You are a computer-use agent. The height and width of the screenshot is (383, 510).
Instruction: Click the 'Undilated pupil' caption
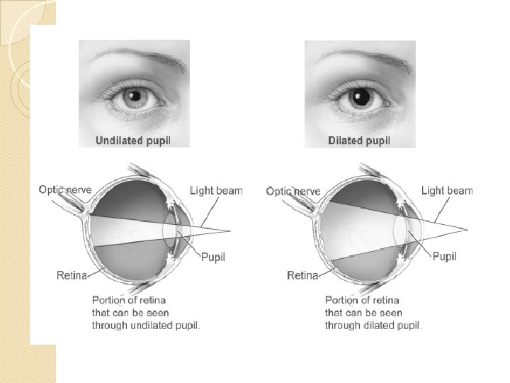(x=133, y=140)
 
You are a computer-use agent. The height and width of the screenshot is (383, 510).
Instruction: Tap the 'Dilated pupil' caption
(x=359, y=140)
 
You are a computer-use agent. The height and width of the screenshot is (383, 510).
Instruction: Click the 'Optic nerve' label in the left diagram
(x=65, y=189)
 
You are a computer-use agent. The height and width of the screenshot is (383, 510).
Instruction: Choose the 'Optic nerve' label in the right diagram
(x=293, y=191)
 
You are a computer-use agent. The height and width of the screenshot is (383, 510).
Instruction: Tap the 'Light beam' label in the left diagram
(x=216, y=190)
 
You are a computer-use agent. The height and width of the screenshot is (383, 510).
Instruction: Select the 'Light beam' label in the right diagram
(x=447, y=190)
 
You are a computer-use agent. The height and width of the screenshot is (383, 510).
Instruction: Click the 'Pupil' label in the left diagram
(x=213, y=257)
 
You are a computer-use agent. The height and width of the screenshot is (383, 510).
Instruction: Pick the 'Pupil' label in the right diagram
(x=444, y=256)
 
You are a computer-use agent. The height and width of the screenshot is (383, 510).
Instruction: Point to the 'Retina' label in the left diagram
(x=72, y=274)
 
